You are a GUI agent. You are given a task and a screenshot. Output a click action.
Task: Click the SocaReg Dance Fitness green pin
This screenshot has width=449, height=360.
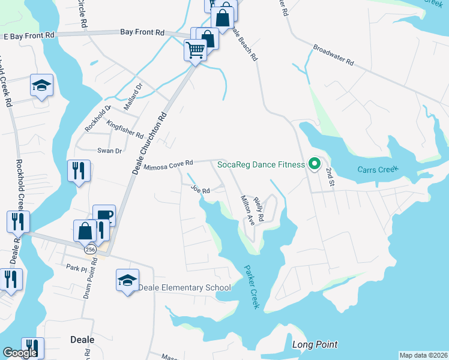313,164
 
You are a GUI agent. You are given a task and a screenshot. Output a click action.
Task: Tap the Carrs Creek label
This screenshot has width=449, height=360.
376,170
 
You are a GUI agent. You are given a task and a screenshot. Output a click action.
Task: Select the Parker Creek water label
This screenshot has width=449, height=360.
252,288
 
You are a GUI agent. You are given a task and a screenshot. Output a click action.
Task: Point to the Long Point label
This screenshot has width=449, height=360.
315,344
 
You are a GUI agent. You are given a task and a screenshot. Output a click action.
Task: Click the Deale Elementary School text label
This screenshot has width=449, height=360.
185,288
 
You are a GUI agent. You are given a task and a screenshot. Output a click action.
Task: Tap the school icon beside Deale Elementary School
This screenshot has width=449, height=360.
127,280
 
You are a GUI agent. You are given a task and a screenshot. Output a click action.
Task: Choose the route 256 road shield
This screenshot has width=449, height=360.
91,250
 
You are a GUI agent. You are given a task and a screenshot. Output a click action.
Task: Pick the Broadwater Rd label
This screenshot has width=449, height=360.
334,55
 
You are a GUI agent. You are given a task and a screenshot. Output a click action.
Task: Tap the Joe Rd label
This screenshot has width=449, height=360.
200,190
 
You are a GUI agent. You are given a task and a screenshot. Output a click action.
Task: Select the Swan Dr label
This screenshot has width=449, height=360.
110,151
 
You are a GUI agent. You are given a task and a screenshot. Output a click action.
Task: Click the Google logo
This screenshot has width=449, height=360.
20,353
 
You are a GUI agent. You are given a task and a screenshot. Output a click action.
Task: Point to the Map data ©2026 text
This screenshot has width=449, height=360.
423,355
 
